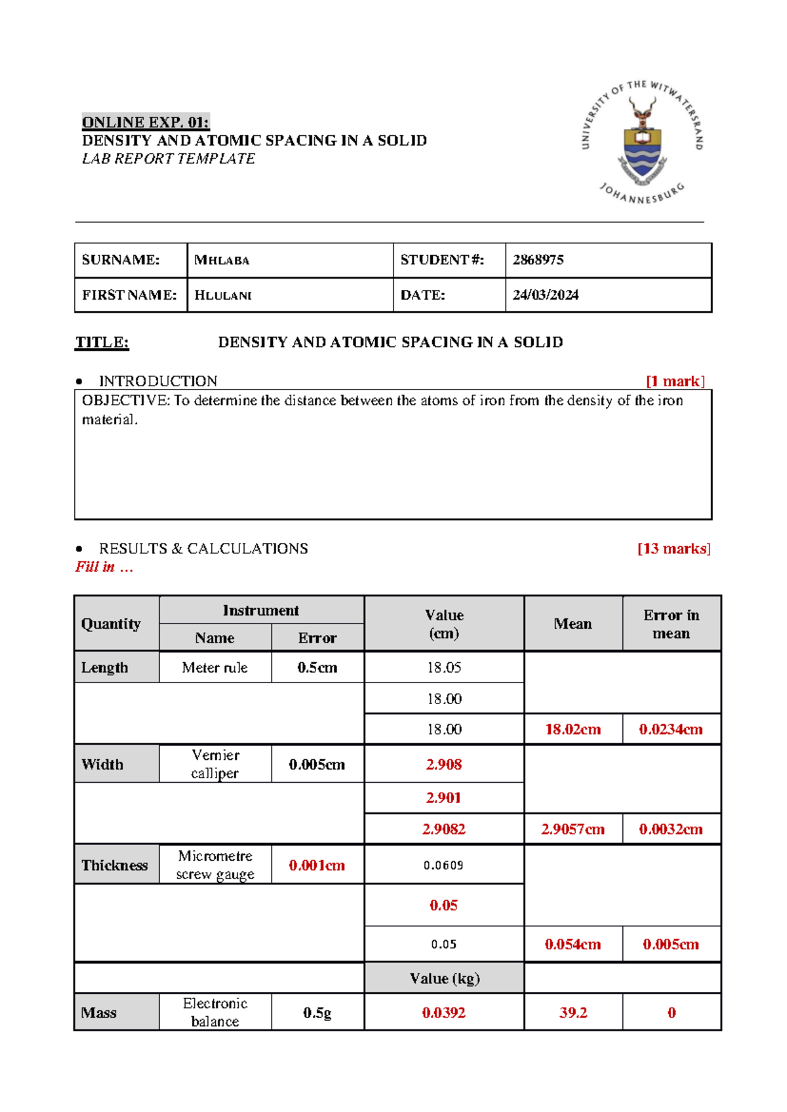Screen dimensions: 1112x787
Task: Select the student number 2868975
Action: [538, 260]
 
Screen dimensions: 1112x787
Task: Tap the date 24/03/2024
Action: [545, 295]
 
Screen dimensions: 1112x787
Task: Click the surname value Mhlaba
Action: [222, 260]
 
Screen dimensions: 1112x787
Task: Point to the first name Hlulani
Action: [223, 295]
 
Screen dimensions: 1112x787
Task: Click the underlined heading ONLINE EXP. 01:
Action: [145, 122]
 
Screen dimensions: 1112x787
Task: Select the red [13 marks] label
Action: [674, 549]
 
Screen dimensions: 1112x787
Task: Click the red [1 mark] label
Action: [675, 382]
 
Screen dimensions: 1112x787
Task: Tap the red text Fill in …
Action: [104, 567]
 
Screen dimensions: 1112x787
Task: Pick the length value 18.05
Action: [444, 667]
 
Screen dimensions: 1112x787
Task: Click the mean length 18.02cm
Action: [573, 729]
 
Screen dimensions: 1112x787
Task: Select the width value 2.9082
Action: [444, 829]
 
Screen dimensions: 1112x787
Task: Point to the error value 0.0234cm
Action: [671, 729]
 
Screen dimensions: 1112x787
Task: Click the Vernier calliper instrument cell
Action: [215, 764]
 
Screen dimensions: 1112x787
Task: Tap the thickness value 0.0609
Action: [444, 865]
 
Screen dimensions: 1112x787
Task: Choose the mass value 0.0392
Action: [444, 1013]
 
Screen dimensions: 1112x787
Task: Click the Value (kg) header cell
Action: [444, 978]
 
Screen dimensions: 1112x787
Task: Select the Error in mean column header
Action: [671, 624]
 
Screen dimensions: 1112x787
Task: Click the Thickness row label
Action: [115, 865]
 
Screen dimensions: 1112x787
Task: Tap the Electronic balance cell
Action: [215, 1012]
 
